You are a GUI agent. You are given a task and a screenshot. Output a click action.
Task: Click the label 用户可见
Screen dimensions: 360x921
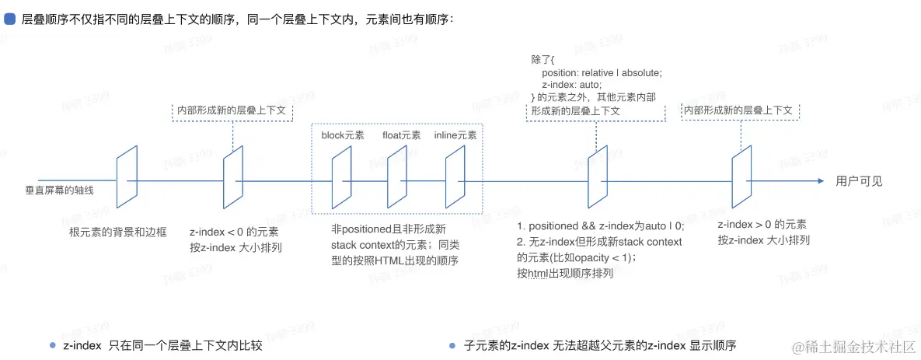coord(859,181)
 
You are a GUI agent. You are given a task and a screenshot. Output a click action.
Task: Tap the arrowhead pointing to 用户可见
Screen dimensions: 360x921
coord(820,181)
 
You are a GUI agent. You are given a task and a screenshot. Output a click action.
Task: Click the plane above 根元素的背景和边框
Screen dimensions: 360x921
coord(127,177)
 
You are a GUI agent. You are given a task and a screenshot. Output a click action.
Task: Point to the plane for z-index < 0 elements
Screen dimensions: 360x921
coord(234,177)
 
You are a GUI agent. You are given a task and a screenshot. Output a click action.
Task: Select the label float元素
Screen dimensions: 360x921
coord(401,135)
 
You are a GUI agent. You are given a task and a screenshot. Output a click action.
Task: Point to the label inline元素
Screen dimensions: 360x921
coord(455,135)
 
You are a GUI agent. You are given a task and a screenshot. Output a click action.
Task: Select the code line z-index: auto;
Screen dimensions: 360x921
coord(571,85)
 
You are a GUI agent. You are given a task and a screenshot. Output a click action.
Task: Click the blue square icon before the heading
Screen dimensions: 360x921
coord(11,19)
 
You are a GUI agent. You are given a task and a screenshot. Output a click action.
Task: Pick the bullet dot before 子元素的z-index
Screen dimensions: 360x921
coord(452,345)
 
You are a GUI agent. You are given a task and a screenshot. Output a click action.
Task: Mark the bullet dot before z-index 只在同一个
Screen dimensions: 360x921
coord(52,345)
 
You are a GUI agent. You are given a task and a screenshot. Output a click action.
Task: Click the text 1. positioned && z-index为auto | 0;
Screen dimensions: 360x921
coord(601,226)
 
